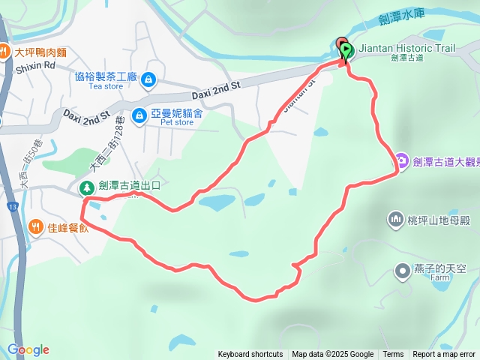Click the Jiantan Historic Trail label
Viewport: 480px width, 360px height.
click(x=406, y=48)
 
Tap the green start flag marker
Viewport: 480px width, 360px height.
click(x=346, y=51)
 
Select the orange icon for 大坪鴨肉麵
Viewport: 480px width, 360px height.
click(x=4, y=52)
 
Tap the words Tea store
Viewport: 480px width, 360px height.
click(x=105, y=86)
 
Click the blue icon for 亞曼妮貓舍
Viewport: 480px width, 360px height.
click(x=139, y=115)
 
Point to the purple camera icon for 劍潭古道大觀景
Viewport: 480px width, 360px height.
click(x=402, y=160)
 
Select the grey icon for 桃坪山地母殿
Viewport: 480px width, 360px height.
click(x=395, y=219)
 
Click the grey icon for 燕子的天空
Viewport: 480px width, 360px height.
click(x=403, y=269)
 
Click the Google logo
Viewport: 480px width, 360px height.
click(x=28, y=349)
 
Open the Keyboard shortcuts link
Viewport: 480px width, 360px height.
click(x=250, y=355)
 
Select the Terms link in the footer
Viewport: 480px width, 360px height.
click(x=393, y=355)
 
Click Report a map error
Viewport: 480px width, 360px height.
click(x=444, y=355)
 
